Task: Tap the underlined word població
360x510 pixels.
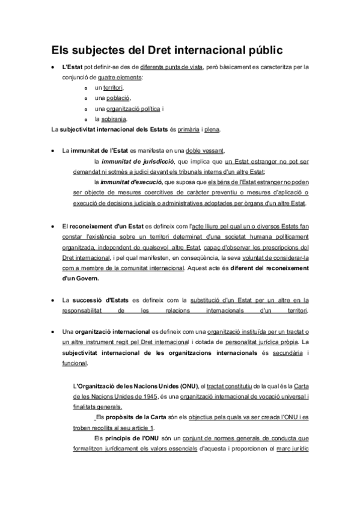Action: tap(117, 98)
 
